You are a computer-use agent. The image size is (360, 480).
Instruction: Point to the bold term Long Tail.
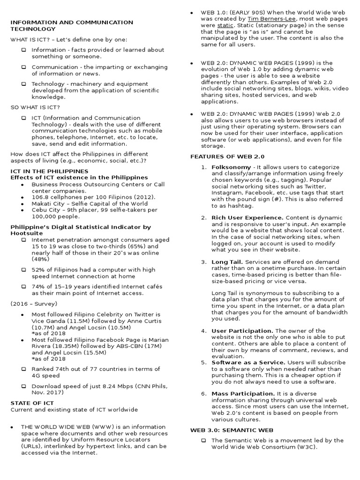pos(227,262)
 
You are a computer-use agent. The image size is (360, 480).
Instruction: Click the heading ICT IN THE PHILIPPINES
pos(49,171)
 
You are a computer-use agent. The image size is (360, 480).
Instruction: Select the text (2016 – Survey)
pos(34,304)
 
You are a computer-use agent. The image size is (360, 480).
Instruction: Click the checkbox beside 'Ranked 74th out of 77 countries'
pos(23,369)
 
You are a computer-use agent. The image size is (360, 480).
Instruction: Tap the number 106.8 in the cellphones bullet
pos(40,197)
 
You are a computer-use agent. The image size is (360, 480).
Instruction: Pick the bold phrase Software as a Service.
pos(248,362)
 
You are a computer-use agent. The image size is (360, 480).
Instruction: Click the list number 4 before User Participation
pos(204,331)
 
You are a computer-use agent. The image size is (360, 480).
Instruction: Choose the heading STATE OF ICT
pos(32,403)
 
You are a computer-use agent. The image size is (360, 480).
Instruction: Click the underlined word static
pos(223,25)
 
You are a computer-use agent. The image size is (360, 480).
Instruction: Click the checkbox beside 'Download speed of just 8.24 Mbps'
pos(23,386)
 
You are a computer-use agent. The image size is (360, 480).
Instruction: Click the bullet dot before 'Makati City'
pos(23,204)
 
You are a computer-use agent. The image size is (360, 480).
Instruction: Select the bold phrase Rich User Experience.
pos(247,217)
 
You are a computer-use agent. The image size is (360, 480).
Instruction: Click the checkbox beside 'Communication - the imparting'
pos(23,67)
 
